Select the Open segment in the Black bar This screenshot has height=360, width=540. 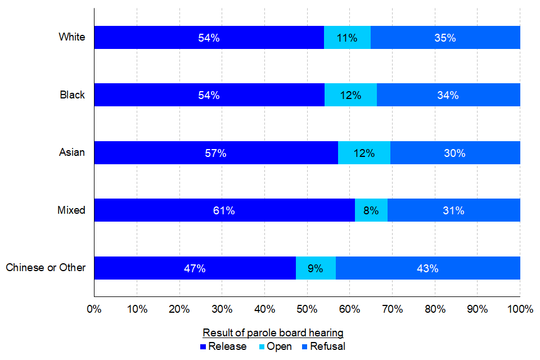click(x=350, y=95)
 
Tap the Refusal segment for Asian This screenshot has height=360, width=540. click(x=454, y=153)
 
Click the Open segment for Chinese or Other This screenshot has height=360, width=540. click(x=316, y=268)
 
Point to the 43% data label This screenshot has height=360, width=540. click(x=427, y=268)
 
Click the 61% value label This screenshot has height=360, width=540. click(x=224, y=211)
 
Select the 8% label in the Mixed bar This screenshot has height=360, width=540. click(x=372, y=211)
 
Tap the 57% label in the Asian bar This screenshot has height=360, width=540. click(x=216, y=153)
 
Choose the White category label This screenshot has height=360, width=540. click(x=72, y=37)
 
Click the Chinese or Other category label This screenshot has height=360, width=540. click(x=46, y=268)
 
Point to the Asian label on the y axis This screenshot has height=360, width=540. click(x=72, y=152)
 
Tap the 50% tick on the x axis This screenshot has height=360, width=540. click(x=307, y=309)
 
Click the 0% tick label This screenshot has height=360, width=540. click(x=94, y=309)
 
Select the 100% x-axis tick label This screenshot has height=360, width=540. click(x=520, y=309)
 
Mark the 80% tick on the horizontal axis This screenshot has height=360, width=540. click(x=435, y=309)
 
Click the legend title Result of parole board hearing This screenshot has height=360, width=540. click(x=273, y=332)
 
